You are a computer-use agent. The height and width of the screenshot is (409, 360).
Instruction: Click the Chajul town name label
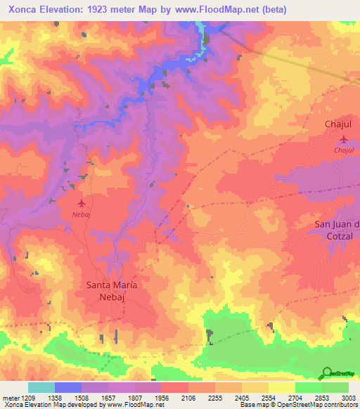point(338,124)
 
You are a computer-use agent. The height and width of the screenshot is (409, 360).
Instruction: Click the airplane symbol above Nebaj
point(83,202)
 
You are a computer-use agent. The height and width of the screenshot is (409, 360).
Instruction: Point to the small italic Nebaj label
point(82,214)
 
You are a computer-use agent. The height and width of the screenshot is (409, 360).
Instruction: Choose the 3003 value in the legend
point(349,397)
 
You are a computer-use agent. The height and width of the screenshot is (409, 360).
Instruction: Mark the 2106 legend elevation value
point(188,397)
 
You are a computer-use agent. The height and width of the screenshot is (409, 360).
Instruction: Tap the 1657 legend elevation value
point(108,397)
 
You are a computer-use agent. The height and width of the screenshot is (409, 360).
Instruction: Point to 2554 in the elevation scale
point(269,397)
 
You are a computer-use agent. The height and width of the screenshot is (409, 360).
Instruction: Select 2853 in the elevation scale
point(322,397)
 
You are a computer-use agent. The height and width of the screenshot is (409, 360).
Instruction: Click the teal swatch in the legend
point(41,387)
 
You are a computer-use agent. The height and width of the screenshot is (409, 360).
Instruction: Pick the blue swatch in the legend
point(68,387)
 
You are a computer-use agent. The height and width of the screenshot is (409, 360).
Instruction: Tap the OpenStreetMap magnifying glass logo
point(326,374)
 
